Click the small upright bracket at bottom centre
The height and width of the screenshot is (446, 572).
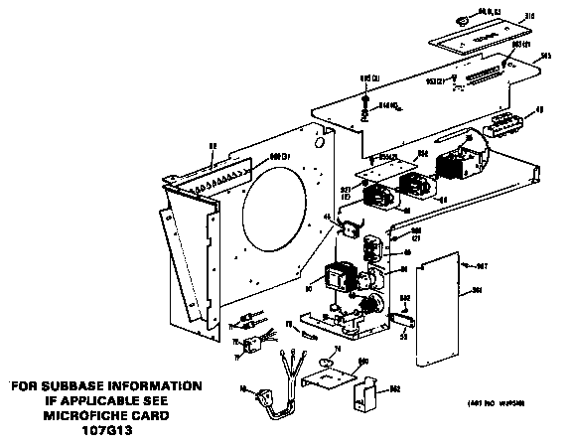[x=367, y=393]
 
